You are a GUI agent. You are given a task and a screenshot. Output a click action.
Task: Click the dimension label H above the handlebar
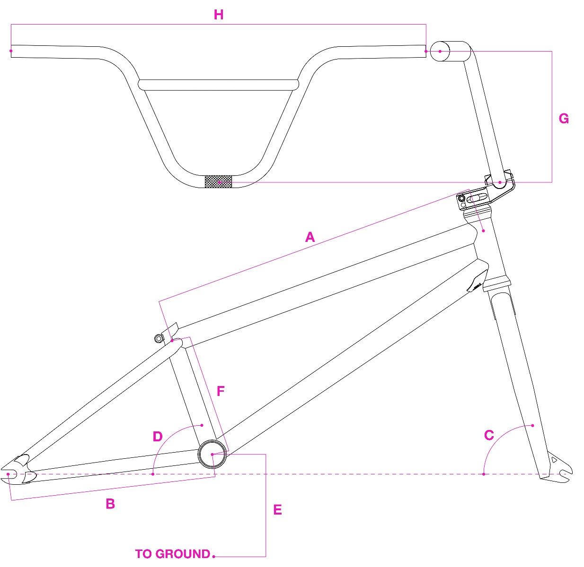pyautogui.click(x=219, y=15)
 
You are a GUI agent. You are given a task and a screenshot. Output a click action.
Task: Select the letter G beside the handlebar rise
pyautogui.click(x=564, y=119)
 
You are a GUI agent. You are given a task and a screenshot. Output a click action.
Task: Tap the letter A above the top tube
pyautogui.click(x=310, y=237)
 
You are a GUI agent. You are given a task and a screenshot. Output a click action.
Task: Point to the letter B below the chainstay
pyautogui.click(x=110, y=504)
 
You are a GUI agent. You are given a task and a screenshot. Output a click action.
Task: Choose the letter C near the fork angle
pyautogui.click(x=489, y=435)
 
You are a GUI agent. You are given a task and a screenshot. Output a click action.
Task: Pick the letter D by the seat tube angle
pyautogui.click(x=158, y=437)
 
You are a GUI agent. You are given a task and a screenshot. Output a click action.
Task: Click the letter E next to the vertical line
pyautogui.click(x=278, y=510)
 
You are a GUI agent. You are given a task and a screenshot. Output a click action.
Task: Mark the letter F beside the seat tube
pyautogui.click(x=221, y=391)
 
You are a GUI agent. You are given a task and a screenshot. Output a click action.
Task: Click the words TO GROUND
pyautogui.click(x=172, y=554)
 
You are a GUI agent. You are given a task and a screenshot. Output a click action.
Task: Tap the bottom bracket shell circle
pyautogui.click(x=212, y=454)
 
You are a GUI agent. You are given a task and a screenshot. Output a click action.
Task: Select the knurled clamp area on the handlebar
pyautogui.click(x=218, y=181)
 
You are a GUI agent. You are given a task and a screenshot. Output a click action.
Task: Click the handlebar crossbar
pyautogui.click(x=219, y=85)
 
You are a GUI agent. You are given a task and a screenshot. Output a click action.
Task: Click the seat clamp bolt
pyautogui.click(x=159, y=338)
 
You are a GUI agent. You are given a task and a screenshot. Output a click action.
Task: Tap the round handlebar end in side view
pyautogui.click(x=440, y=51)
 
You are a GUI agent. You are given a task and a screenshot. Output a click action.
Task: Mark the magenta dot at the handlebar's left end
pyautogui.click(x=11, y=50)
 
